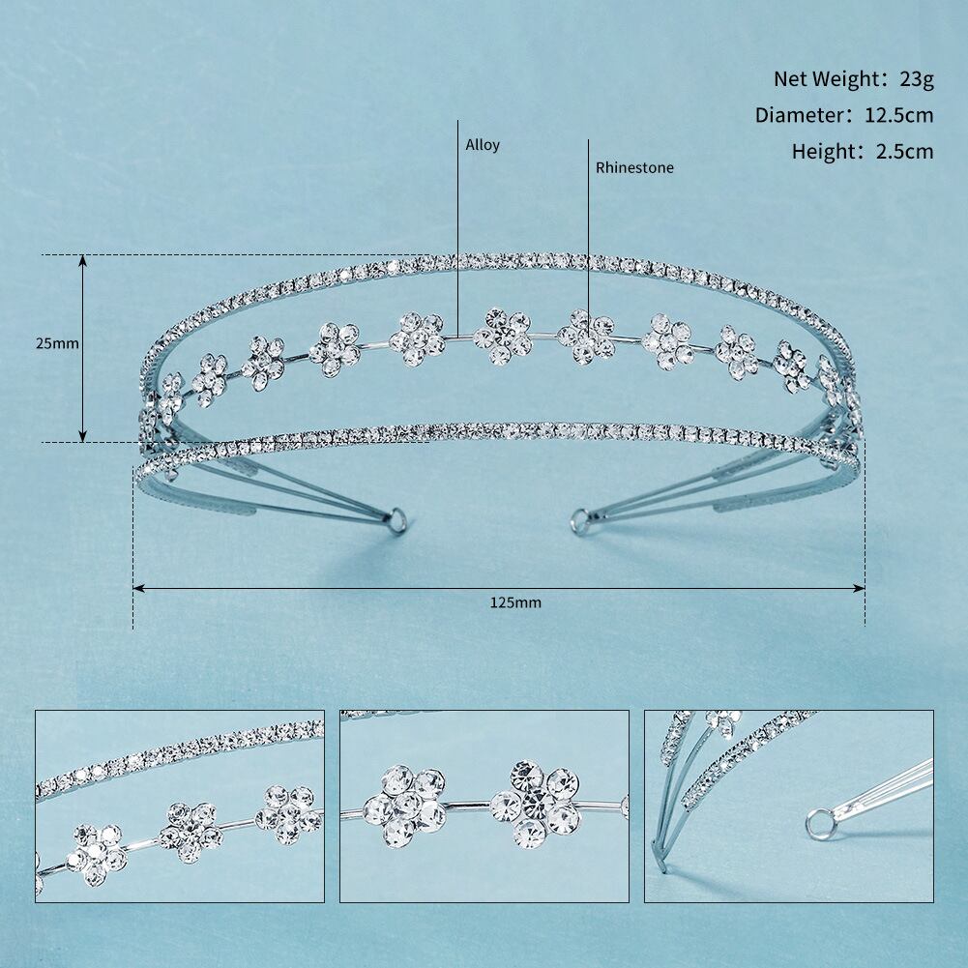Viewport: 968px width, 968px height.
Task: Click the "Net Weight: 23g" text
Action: [x=854, y=79]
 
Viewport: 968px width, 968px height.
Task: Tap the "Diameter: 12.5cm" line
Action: [x=844, y=115]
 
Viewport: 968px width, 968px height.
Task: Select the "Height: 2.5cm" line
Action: [x=863, y=151]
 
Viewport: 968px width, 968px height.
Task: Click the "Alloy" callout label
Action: [x=483, y=145]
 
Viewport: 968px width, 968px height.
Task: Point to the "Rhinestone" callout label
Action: [x=634, y=167]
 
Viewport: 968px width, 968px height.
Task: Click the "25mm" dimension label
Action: [x=57, y=343]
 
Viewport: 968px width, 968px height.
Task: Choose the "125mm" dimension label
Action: [x=515, y=602]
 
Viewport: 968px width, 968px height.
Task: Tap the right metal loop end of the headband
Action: [x=581, y=520]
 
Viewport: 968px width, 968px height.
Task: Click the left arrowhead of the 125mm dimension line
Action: [x=138, y=588]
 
